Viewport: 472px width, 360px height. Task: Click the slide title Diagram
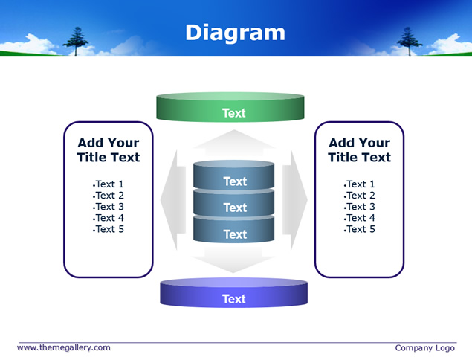[235, 33]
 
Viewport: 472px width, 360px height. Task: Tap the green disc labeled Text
[230, 107]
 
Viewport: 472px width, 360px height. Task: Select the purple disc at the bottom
[233, 292]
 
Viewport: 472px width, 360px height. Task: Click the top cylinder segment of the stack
[233, 175]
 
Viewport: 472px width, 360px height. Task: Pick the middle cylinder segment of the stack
[233, 203]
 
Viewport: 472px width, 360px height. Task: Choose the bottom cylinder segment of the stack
[233, 230]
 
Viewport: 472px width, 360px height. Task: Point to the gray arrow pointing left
[172, 200]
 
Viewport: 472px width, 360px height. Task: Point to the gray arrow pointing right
[295, 200]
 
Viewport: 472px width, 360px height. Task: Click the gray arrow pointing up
[234, 139]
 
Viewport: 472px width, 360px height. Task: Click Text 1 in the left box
[109, 184]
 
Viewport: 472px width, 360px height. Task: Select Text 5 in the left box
[109, 229]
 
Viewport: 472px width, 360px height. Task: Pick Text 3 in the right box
[360, 207]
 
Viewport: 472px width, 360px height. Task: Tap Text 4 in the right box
[360, 218]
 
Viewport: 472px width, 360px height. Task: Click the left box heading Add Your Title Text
[109, 150]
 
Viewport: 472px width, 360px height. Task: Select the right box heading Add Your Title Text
[360, 150]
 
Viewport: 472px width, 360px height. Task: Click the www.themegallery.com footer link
[64, 347]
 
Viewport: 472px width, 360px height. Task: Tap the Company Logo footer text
[424, 348]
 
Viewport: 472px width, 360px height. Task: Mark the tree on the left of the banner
[76, 41]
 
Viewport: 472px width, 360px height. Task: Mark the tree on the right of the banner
[409, 41]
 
